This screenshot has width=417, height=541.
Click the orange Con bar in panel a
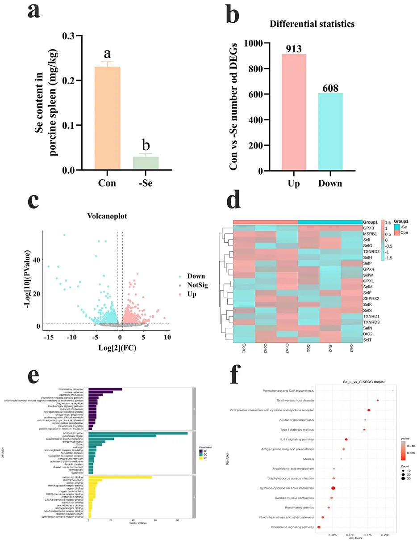107,118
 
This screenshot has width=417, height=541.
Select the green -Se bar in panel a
146,163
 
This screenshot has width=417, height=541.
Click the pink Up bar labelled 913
294,112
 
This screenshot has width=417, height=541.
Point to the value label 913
294,47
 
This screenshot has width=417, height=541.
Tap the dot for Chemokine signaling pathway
319,527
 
